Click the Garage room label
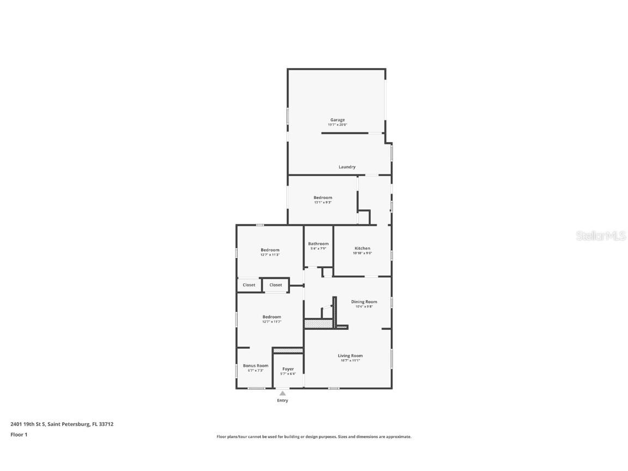coord(337,120)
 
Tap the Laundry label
coord(347,167)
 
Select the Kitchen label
coord(363,249)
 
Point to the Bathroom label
coord(318,244)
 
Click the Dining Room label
coord(364,301)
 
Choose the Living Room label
coord(349,355)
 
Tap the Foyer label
coord(288,369)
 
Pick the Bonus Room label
coord(256,366)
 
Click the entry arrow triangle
coord(282,393)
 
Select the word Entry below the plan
coord(282,401)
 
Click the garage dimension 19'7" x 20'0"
coord(337,125)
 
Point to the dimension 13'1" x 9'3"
coord(323,202)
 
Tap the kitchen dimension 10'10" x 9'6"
coord(363,253)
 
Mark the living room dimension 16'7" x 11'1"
coord(349,360)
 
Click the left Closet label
coord(249,285)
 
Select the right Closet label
coord(276,285)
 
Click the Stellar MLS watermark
coord(600,236)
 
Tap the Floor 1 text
coord(19,434)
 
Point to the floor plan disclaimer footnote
coord(314,437)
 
